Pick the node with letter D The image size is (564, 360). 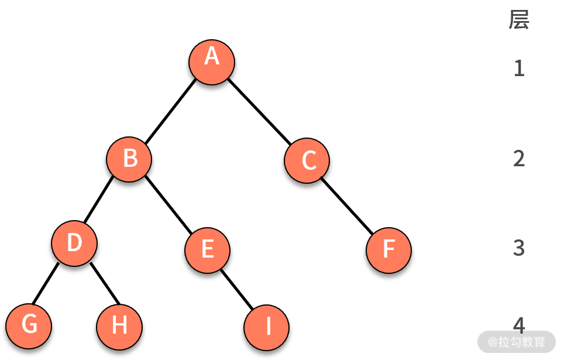[x=74, y=244]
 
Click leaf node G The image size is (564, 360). [x=28, y=325]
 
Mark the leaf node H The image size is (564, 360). [x=119, y=326]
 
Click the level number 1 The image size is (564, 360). [x=519, y=68]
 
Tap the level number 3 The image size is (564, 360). [x=519, y=248]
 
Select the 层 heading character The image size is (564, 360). [x=519, y=20]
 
